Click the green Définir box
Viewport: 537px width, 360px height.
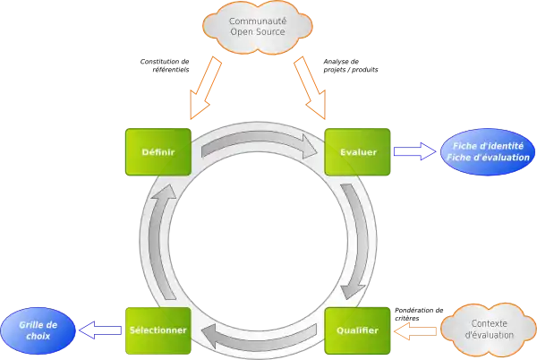(x=158, y=152)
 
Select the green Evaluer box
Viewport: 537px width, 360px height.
(x=358, y=152)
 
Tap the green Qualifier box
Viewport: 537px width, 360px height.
(x=357, y=330)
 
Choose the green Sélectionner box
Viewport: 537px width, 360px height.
(x=157, y=330)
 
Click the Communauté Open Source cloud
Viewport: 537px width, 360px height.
(x=258, y=27)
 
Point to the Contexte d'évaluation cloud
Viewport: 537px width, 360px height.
(x=488, y=328)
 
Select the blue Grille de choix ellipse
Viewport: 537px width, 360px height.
(x=38, y=329)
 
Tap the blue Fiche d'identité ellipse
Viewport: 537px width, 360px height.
(x=489, y=152)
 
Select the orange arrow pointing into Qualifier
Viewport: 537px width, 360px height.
(x=418, y=330)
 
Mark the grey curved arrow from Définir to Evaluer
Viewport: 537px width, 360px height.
(x=259, y=141)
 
